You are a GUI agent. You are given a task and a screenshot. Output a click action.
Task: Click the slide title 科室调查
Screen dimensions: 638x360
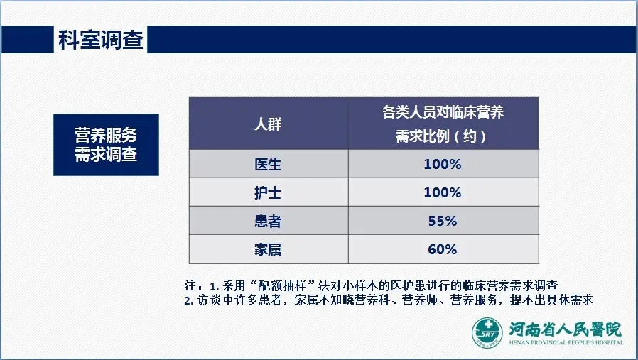100,40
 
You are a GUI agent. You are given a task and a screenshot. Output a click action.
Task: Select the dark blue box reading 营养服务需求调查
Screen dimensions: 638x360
106,144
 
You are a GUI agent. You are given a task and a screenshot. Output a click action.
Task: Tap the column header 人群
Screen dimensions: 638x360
268,124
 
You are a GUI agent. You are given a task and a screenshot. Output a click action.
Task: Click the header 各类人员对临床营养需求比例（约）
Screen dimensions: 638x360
443,124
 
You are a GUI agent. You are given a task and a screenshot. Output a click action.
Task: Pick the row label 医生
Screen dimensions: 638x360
268,164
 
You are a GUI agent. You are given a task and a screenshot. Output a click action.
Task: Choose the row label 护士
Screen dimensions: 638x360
268,192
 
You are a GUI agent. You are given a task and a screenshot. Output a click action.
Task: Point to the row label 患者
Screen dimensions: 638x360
268,221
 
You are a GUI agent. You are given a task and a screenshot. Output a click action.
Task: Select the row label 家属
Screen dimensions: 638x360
268,249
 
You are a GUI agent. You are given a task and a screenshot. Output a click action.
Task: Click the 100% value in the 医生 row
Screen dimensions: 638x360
443,164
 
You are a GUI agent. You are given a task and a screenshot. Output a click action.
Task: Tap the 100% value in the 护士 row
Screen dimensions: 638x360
443,192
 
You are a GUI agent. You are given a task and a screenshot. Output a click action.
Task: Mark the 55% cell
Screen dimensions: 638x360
443,221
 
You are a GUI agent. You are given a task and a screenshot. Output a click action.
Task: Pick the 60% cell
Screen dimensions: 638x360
443,249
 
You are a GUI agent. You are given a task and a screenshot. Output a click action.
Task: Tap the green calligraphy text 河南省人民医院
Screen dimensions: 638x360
565,329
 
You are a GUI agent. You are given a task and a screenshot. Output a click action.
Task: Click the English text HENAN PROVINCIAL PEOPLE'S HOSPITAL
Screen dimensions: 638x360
566,342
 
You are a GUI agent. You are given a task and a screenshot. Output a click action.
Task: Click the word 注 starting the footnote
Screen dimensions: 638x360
190,285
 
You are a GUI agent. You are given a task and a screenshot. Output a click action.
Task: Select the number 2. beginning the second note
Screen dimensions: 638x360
188,300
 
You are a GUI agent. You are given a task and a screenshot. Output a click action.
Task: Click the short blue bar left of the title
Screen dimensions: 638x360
27,40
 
